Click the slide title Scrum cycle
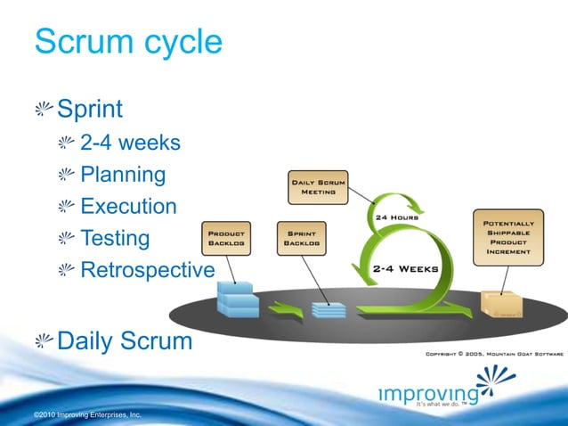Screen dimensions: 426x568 pyautogui.click(x=127, y=42)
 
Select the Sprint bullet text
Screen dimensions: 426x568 pyautogui.click(x=90, y=110)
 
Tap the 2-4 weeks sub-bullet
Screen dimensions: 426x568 pyautogui.click(x=130, y=143)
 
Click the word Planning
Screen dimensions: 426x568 pyautogui.click(x=123, y=175)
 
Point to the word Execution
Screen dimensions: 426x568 pyautogui.click(x=128, y=207)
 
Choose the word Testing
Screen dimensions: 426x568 pyautogui.click(x=115, y=239)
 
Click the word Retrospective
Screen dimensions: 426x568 pyautogui.click(x=147, y=270)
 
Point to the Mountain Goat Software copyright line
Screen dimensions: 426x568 pyautogui.click(x=494, y=353)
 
